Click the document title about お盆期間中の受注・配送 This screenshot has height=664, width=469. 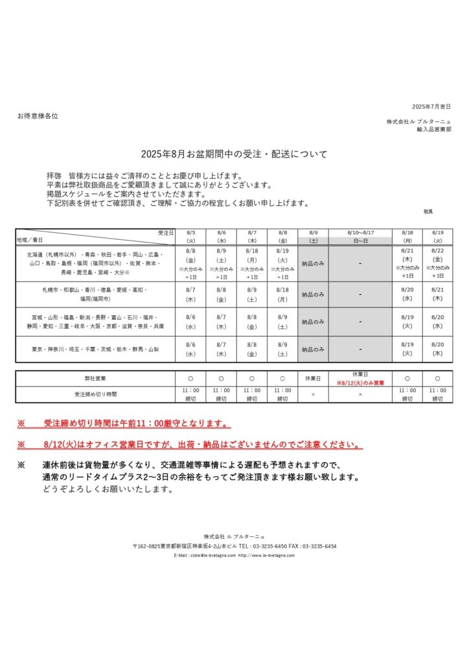coord(234,154)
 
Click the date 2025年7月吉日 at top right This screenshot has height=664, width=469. coord(431,106)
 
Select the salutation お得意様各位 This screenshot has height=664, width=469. coord(38,115)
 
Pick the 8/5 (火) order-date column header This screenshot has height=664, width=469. coord(191,236)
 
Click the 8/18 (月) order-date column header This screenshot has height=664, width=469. coord(407,236)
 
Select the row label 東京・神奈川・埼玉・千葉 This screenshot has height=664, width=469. coord(95,350)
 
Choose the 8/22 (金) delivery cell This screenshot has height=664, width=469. coord(437,263)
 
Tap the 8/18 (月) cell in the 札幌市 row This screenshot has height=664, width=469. coord(282,294)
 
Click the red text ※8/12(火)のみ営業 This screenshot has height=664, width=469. coord(360,383)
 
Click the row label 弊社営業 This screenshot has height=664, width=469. coord(95,378)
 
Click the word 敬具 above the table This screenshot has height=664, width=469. coord(428,212)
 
